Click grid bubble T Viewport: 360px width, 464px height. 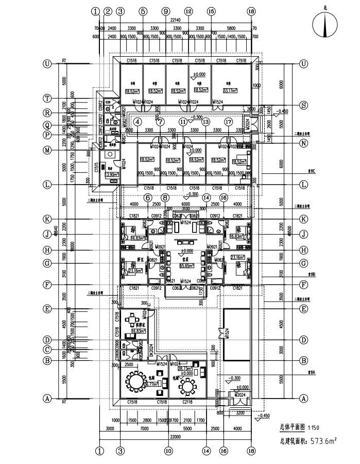[47, 97]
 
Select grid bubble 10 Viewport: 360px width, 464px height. [167, 450]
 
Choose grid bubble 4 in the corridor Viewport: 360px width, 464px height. [138, 122]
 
